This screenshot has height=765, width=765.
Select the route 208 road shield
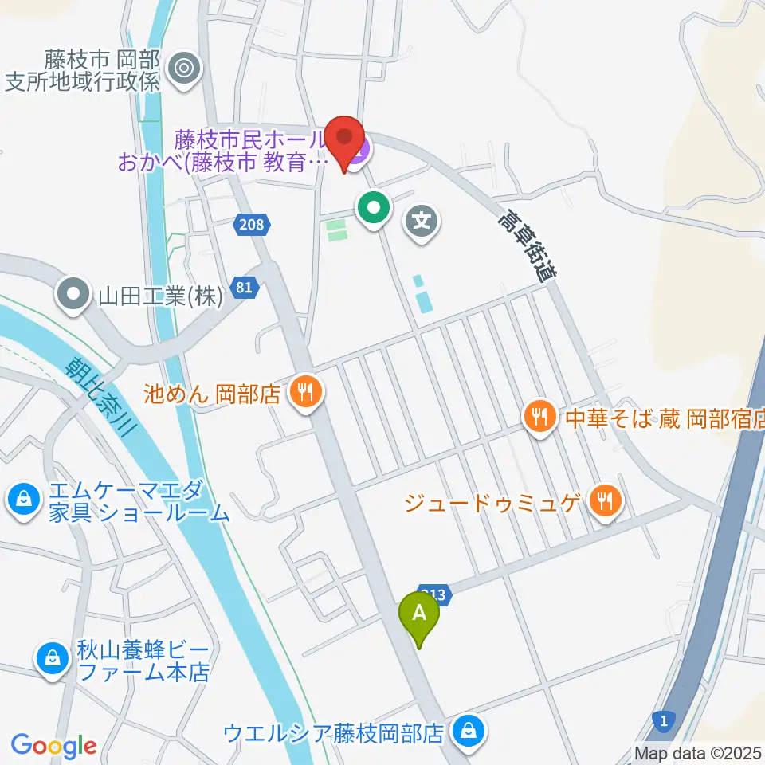[250, 226]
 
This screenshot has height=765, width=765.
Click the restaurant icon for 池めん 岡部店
[304, 391]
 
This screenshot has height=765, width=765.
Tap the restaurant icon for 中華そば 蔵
[540, 415]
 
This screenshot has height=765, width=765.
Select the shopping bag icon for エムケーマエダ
[25, 500]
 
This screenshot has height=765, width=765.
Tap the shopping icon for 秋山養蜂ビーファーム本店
[51, 658]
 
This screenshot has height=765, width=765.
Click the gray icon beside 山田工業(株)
[73, 296]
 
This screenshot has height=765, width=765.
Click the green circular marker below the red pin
[373, 210]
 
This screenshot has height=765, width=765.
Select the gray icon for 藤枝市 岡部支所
[186, 69]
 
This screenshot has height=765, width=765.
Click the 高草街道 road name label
[526, 245]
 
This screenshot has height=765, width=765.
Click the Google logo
[53, 746]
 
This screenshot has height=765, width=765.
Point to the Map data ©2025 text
[698, 753]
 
